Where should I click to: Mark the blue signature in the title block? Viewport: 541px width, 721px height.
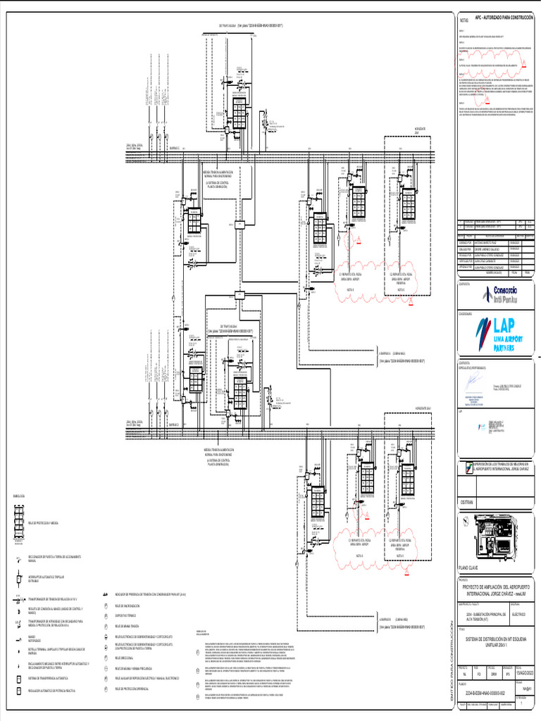[469, 384]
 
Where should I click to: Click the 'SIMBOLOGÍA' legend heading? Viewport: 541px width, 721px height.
[18, 496]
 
